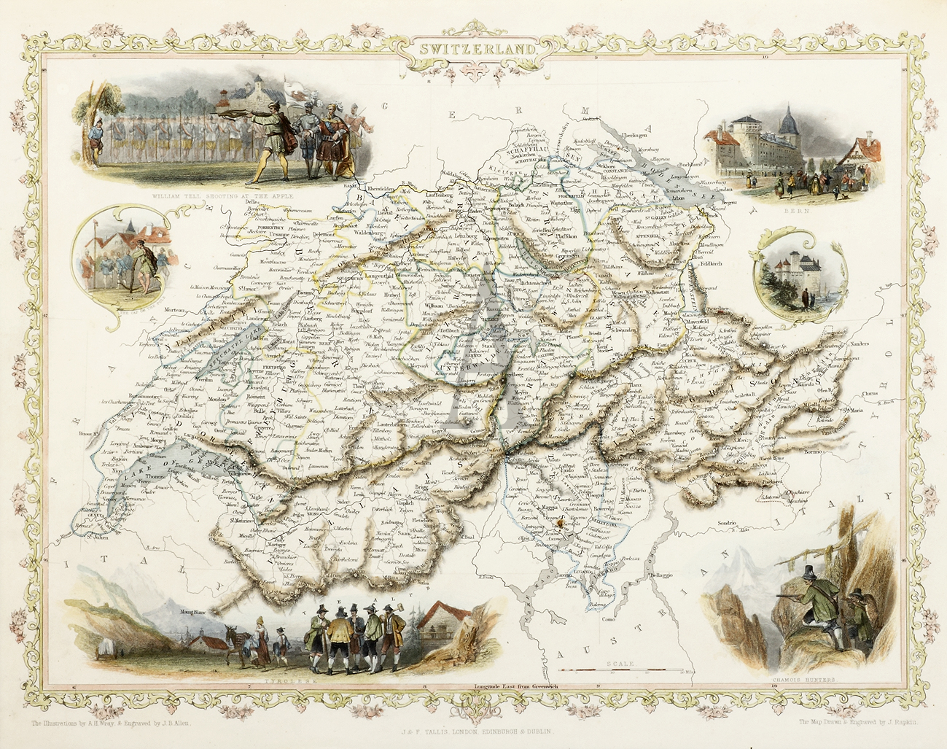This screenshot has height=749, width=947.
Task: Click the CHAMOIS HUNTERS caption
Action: pos(803,679)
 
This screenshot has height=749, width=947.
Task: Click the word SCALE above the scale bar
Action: pos(620,664)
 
